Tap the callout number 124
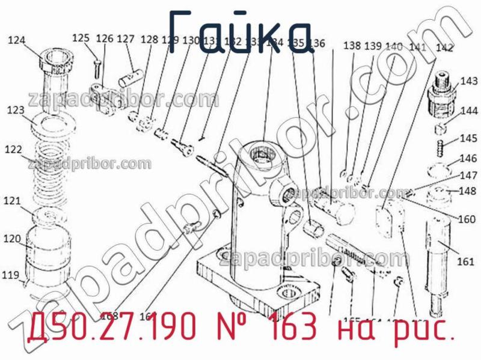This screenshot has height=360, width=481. point(17,41)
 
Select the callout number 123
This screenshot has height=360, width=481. point(16,111)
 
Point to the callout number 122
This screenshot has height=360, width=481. point(14,149)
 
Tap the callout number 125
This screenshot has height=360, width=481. point(81,38)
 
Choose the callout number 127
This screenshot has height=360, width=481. point(126,39)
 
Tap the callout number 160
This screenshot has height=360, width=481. point(466,219)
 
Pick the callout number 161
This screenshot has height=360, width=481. point(466,261)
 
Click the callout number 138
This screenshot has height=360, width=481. point(353,46)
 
